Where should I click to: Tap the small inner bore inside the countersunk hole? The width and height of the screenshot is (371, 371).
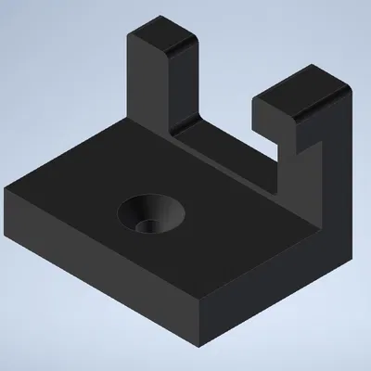(x=142, y=225)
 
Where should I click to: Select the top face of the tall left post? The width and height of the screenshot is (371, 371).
(x=163, y=36)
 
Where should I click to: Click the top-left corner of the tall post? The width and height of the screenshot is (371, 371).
(x=131, y=34)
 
